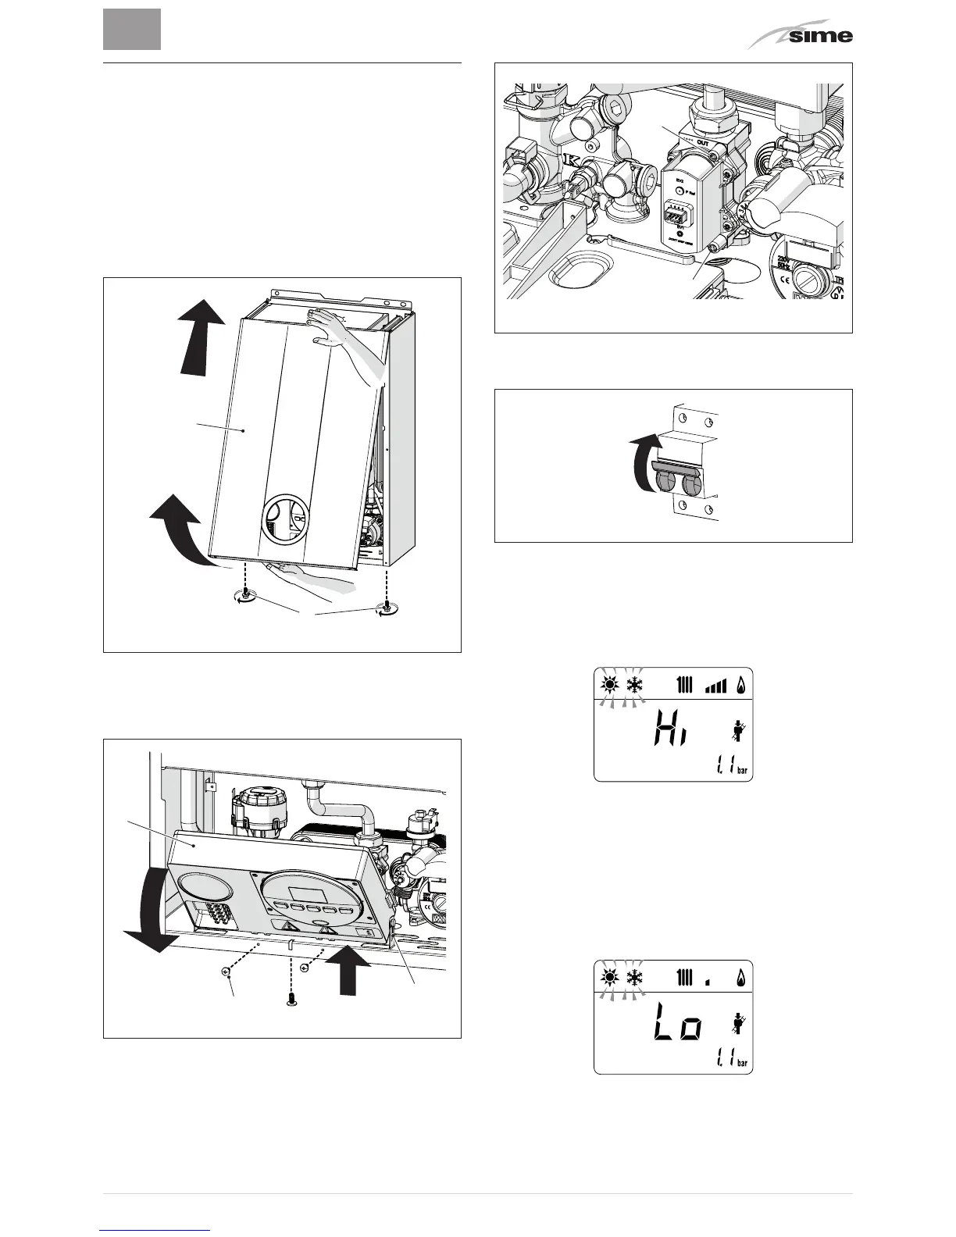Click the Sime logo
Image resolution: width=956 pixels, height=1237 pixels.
[x=805, y=34]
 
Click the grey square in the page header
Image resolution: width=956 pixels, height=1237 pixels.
[x=132, y=29]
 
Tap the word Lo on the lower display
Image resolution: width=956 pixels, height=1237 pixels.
[x=676, y=1027]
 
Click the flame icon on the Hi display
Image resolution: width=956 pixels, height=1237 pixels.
[x=740, y=685]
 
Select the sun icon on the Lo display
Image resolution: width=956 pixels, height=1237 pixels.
[x=609, y=978]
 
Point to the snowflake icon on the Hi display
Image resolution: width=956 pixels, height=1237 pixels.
[x=634, y=685]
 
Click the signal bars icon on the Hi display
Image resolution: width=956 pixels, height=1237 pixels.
[x=715, y=685]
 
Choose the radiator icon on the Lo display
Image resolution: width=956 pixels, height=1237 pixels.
[x=685, y=978]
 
